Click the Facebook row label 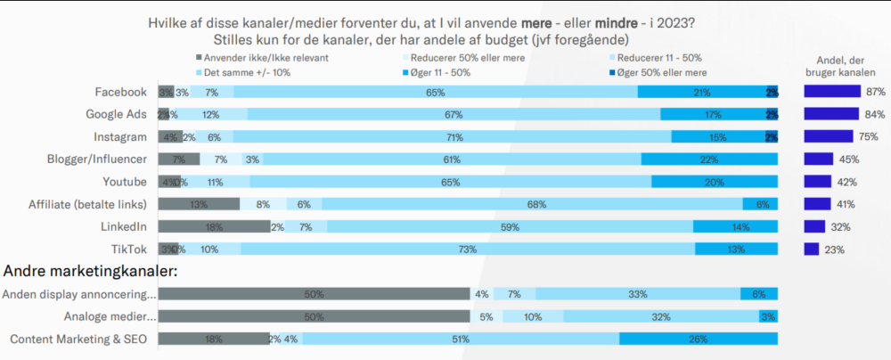pyautogui.click(x=121, y=92)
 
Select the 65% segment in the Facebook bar pyautogui.click(x=436, y=92)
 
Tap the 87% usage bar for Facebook pyautogui.click(x=832, y=92)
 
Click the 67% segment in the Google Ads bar pyautogui.click(x=454, y=114)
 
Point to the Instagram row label pyautogui.click(x=120, y=136)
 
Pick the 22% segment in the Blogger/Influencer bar pyautogui.click(x=709, y=160)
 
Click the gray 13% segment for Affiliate pyautogui.click(x=200, y=204)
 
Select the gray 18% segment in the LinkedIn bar pyautogui.click(x=214, y=226)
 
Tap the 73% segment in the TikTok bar pyautogui.click(x=468, y=249)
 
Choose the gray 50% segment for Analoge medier pyautogui.click(x=314, y=316)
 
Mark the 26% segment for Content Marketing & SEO pyautogui.click(x=699, y=339)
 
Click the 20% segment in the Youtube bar pyautogui.click(x=715, y=182)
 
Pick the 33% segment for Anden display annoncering pyautogui.click(x=638, y=294)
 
